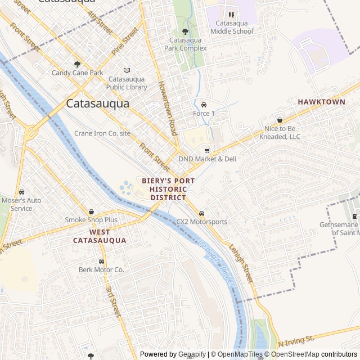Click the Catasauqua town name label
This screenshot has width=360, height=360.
[x=97, y=103]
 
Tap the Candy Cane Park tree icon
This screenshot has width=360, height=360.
[x=77, y=64]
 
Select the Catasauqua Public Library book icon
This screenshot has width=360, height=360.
[x=127, y=70]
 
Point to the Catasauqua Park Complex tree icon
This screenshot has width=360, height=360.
[x=185, y=31]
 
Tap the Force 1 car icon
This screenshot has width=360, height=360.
[x=204, y=105]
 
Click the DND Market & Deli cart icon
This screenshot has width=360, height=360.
[x=207, y=150]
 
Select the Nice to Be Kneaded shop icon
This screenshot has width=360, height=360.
[x=280, y=120]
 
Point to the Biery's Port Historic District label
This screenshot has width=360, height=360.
[x=168, y=189]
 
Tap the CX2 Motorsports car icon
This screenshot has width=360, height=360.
[x=202, y=213]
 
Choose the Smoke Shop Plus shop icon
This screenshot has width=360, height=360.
[x=91, y=211]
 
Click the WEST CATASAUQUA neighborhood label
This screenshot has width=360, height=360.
[x=100, y=236]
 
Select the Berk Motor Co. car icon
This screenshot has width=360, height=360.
[x=101, y=262]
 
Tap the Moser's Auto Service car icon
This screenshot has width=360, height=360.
[x=21, y=192]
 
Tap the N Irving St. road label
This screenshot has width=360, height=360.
[x=296, y=341]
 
